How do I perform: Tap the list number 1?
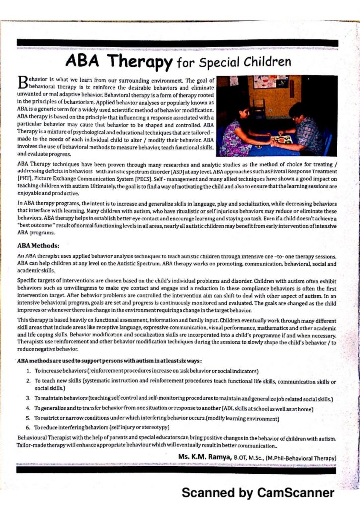point(29,371)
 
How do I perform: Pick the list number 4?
point(29,408)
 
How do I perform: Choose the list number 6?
point(29,427)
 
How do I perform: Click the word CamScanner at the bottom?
point(295,493)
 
